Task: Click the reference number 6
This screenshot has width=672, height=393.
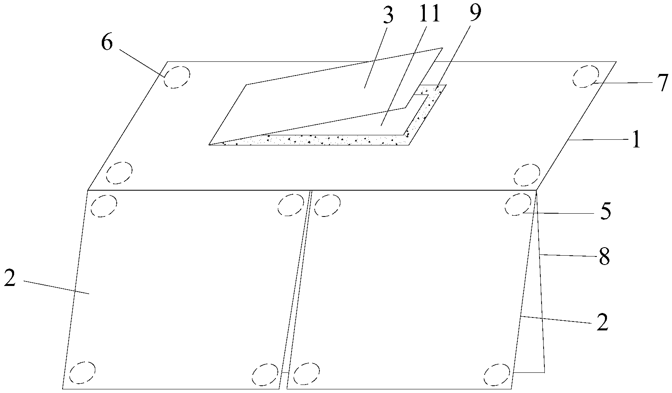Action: click(107, 42)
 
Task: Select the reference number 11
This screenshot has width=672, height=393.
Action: click(430, 14)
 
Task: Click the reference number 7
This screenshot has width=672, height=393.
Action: click(663, 83)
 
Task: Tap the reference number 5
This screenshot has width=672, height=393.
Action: click(605, 212)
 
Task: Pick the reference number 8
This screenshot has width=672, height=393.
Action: click(604, 257)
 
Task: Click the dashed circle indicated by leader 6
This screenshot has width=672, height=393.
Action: click(177, 77)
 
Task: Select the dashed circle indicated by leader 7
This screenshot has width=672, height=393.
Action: click(586, 76)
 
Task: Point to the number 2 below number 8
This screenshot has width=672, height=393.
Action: click(602, 322)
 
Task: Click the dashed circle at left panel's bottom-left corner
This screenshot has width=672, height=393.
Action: click(82, 372)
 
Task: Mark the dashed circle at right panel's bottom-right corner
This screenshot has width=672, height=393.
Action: click(497, 375)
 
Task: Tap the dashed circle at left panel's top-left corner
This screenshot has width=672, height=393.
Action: click(104, 206)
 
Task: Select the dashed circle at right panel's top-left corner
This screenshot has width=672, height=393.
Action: click(327, 205)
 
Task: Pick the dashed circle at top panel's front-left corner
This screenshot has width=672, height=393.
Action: click(120, 173)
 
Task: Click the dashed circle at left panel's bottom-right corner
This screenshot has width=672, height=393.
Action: click(265, 374)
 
